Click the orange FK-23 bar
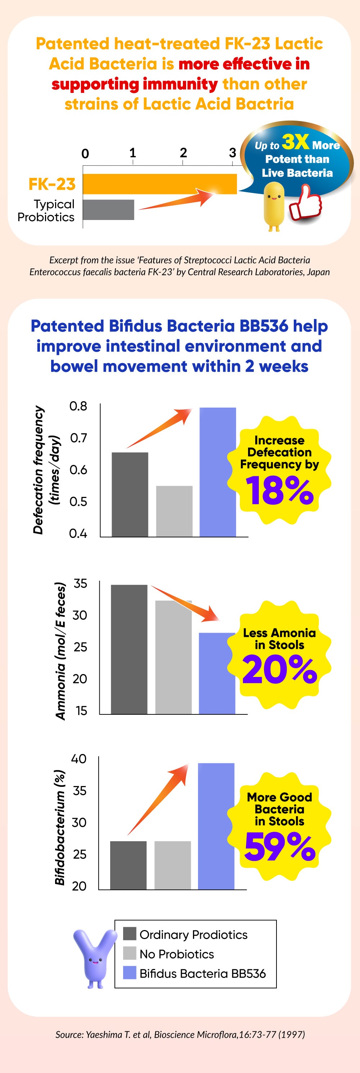159,184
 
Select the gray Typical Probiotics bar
108,210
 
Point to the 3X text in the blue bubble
296,142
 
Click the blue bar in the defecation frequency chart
217,472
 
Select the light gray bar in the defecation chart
174,511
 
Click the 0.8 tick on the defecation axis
78,406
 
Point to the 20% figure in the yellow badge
279,669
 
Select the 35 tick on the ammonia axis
80,584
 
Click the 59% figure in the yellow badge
279,847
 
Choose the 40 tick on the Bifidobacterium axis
79,759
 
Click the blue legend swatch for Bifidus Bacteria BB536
130,974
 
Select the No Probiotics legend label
177,954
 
